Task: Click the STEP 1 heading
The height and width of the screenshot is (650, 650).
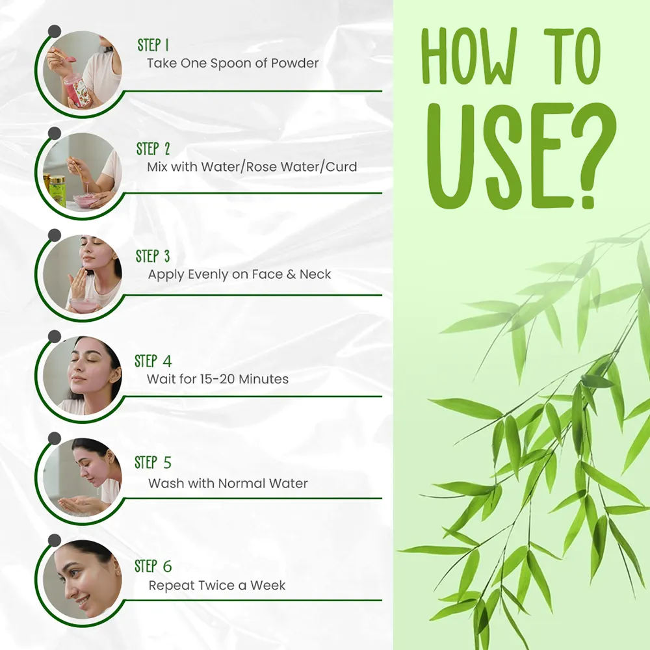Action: tap(153, 45)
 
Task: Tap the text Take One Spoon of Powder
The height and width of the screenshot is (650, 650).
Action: tap(233, 63)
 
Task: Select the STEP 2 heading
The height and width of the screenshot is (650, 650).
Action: tap(153, 149)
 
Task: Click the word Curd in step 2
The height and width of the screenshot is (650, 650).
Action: tap(341, 166)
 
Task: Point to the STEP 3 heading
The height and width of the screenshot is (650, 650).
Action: tap(153, 256)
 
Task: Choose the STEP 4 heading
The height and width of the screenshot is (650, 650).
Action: tap(153, 361)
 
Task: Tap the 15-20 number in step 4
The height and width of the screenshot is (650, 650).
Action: tap(217, 379)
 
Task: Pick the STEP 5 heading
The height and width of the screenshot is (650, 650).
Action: tap(153, 463)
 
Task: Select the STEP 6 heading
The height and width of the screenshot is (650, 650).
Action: tap(153, 566)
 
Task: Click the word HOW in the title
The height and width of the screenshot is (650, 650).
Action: tap(469, 56)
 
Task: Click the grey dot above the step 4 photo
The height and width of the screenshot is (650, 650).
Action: tap(55, 337)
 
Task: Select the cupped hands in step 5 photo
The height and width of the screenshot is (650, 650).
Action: tap(79, 504)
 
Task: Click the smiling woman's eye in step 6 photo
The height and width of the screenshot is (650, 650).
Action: tap(75, 574)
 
